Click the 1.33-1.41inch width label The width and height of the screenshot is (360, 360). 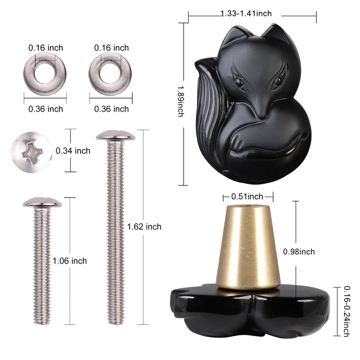[246, 13]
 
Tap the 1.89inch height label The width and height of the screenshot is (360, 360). [181, 101]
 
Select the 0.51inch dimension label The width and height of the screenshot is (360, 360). [247, 197]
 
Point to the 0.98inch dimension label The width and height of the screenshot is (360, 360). [299, 252]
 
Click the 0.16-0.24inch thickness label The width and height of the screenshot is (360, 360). [346, 311]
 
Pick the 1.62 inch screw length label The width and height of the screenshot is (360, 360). [144, 227]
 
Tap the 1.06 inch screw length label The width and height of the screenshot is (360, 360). [70, 261]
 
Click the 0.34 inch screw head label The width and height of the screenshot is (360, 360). [73, 151]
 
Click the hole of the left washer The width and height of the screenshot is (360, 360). [45, 73]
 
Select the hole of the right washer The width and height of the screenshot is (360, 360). [110, 73]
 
